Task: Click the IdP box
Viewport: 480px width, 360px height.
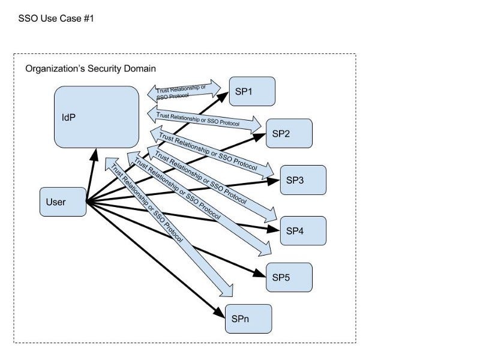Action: coord(97,117)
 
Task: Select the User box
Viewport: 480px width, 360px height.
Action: coord(63,202)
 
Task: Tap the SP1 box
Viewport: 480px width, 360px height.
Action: coord(252,91)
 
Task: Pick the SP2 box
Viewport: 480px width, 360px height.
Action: coord(289,133)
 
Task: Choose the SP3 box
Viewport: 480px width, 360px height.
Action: coord(303,180)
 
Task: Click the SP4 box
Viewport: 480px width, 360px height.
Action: coord(303,231)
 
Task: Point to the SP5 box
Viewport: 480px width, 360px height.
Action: coord(289,277)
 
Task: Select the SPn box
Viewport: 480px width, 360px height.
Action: coord(248,319)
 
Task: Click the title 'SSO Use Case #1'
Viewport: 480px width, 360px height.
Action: coord(56,19)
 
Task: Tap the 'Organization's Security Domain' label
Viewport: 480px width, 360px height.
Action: coord(91,68)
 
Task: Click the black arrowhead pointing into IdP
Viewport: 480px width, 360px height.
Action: coord(95,155)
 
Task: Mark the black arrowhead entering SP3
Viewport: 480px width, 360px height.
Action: coord(273,181)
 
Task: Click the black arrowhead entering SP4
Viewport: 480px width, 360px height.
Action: coord(273,229)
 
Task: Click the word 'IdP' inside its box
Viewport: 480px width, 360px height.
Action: coord(68,117)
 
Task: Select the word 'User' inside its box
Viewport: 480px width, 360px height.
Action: coord(56,202)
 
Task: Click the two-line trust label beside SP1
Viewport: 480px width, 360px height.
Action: coord(181,92)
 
